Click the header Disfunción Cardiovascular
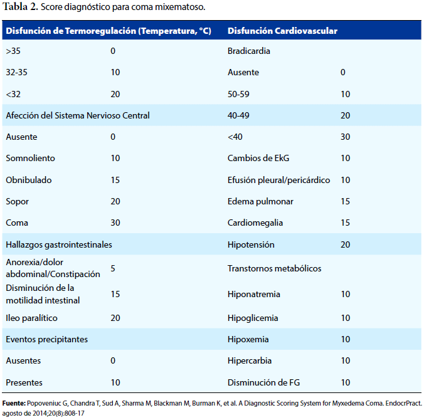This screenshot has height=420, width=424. pyautogui.click(x=282, y=31)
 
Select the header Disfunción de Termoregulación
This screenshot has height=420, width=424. pyautogui.click(x=71, y=31)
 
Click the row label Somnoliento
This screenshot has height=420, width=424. pyautogui.click(x=30, y=158)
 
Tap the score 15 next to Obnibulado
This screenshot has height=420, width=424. pyautogui.click(x=115, y=180)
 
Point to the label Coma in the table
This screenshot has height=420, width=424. pyautogui.click(x=17, y=223)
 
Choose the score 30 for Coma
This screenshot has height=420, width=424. pyautogui.click(x=115, y=223)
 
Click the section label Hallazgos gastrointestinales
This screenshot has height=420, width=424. pyautogui.click(x=59, y=244)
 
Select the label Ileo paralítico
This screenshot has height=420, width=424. pyautogui.click(x=31, y=318)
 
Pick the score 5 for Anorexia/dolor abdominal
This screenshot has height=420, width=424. pyautogui.click(x=113, y=268)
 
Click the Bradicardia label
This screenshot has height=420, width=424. pyautogui.click(x=249, y=51)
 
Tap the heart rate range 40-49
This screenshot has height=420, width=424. pyautogui.click(x=238, y=115)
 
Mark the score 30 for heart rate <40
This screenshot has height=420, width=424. pyautogui.click(x=346, y=137)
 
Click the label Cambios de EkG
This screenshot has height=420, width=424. pyautogui.click(x=258, y=158)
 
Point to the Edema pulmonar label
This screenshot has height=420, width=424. pyautogui.click(x=260, y=201)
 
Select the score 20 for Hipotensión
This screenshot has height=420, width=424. pyautogui.click(x=346, y=244)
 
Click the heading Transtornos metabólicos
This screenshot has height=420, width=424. pyautogui.click(x=275, y=268)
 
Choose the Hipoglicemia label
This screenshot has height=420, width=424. pyautogui.click(x=253, y=318)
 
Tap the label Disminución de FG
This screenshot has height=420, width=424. pyautogui.click(x=263, y=383)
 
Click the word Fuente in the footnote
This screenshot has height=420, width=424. pyautogui.click(x=14, y=403)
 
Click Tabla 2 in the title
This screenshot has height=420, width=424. pyautogui.click(x=20, y=7)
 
